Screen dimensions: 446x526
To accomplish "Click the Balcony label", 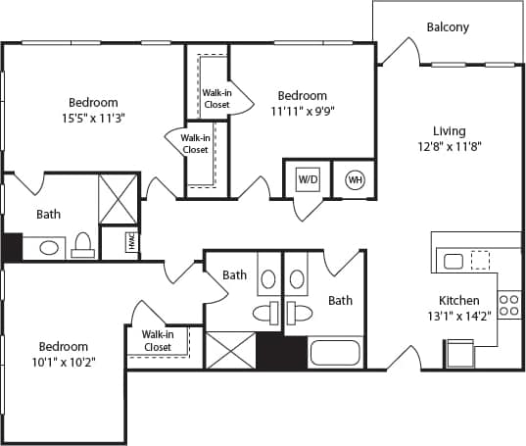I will tap(448, 26).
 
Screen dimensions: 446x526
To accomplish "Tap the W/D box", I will tap(308, 179).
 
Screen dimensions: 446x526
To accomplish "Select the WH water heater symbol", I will tap(354, 179).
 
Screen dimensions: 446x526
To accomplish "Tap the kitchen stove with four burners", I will tap(508, 304).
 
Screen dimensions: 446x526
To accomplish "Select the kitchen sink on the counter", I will tap(454, 261).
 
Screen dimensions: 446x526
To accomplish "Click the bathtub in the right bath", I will tap(336, 351).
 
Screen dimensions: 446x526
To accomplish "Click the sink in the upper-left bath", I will tap(48, 247).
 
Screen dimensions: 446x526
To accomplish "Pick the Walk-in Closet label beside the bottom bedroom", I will tap(158, 340).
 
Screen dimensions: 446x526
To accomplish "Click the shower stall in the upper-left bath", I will tap(119, 199).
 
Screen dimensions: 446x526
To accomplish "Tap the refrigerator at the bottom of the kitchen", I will tap(459, 353).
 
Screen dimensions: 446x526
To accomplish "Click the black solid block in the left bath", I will tap(11, 247).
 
